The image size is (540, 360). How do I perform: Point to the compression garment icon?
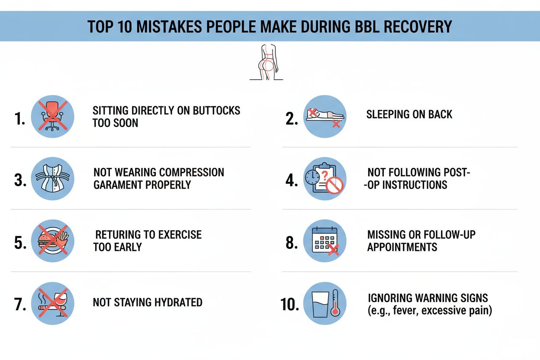(53, 179)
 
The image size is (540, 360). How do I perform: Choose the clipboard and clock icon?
(325, 179)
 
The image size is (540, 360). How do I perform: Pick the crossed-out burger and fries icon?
(53, 241)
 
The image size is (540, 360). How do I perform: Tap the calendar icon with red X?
(325, 241)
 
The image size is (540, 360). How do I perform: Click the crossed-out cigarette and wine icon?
(53, 303)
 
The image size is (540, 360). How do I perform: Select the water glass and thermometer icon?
(325, 303)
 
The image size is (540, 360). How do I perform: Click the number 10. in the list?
(290, 305)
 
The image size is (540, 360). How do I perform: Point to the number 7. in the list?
(20, 305)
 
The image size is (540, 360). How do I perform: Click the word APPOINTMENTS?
(402, 247)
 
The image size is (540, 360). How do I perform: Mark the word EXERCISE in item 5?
(181, 235)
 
